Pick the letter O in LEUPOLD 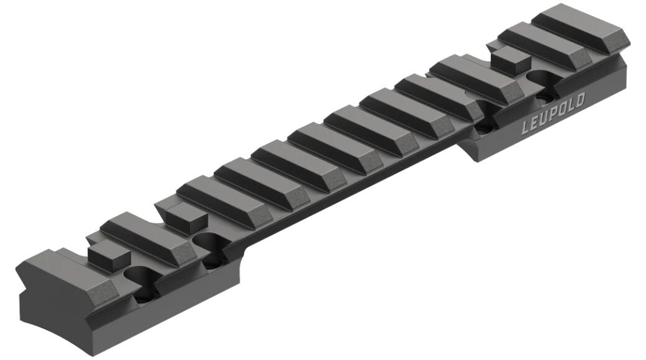(x=562, y=110)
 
